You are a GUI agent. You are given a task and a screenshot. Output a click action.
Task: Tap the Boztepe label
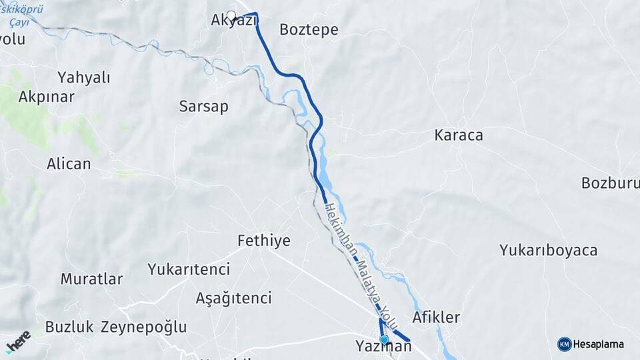pyautogui.click(x=309, y=30)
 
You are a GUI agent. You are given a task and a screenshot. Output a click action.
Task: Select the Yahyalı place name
pyautogui.click(x=83, y=77)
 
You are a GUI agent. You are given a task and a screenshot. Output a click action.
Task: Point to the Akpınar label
pyautogui.click(x=46, y=96)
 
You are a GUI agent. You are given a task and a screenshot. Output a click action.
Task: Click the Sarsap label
pyautogui.click(x=204, y=106)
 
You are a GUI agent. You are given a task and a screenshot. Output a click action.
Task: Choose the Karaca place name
pyautogui.click(x=458, y=135)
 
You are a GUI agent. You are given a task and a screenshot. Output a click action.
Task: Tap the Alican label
pyautogui.click(x=69, y=163)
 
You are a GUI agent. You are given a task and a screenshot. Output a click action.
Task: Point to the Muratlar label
pyautogui.click(x=91, y=279)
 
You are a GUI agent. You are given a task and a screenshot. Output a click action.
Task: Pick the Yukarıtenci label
pyautogui.click(x=189, y=269)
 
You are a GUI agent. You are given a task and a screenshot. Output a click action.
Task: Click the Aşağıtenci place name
pyautogui.click(x=233, y=297)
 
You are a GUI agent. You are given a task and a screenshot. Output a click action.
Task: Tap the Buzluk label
pyautogui.click(x=69, y=327)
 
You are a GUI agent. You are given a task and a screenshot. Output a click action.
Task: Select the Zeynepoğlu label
pyautogui.click(x=143, y=327)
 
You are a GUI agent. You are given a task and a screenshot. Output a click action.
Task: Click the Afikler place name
pyautogui.click(x=436, y=317)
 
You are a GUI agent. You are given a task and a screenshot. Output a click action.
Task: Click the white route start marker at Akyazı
pyautogui.click(x=231, y=15)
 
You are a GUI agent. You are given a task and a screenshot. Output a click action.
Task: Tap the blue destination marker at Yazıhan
pyautogui.click(x=383, y=339)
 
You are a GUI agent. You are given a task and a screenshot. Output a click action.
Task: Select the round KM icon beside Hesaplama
pyautogui.click(x=564, y=344)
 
